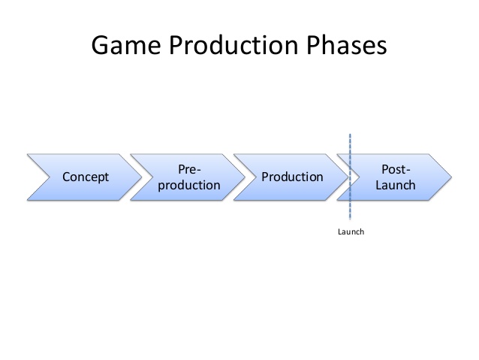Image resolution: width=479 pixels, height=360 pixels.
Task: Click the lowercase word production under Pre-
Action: coord(189,185)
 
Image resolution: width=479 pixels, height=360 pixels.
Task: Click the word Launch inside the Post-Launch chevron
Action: coord(396,185)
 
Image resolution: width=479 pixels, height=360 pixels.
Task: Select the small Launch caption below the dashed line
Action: coord(351,232)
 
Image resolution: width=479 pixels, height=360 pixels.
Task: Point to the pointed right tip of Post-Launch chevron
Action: coord(450,177)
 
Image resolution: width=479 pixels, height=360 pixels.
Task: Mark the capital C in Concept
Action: coord(66,177)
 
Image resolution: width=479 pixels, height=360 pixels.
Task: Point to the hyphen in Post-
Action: coord(409,170)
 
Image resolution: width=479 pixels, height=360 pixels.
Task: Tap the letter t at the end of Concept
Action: coord(107,177)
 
